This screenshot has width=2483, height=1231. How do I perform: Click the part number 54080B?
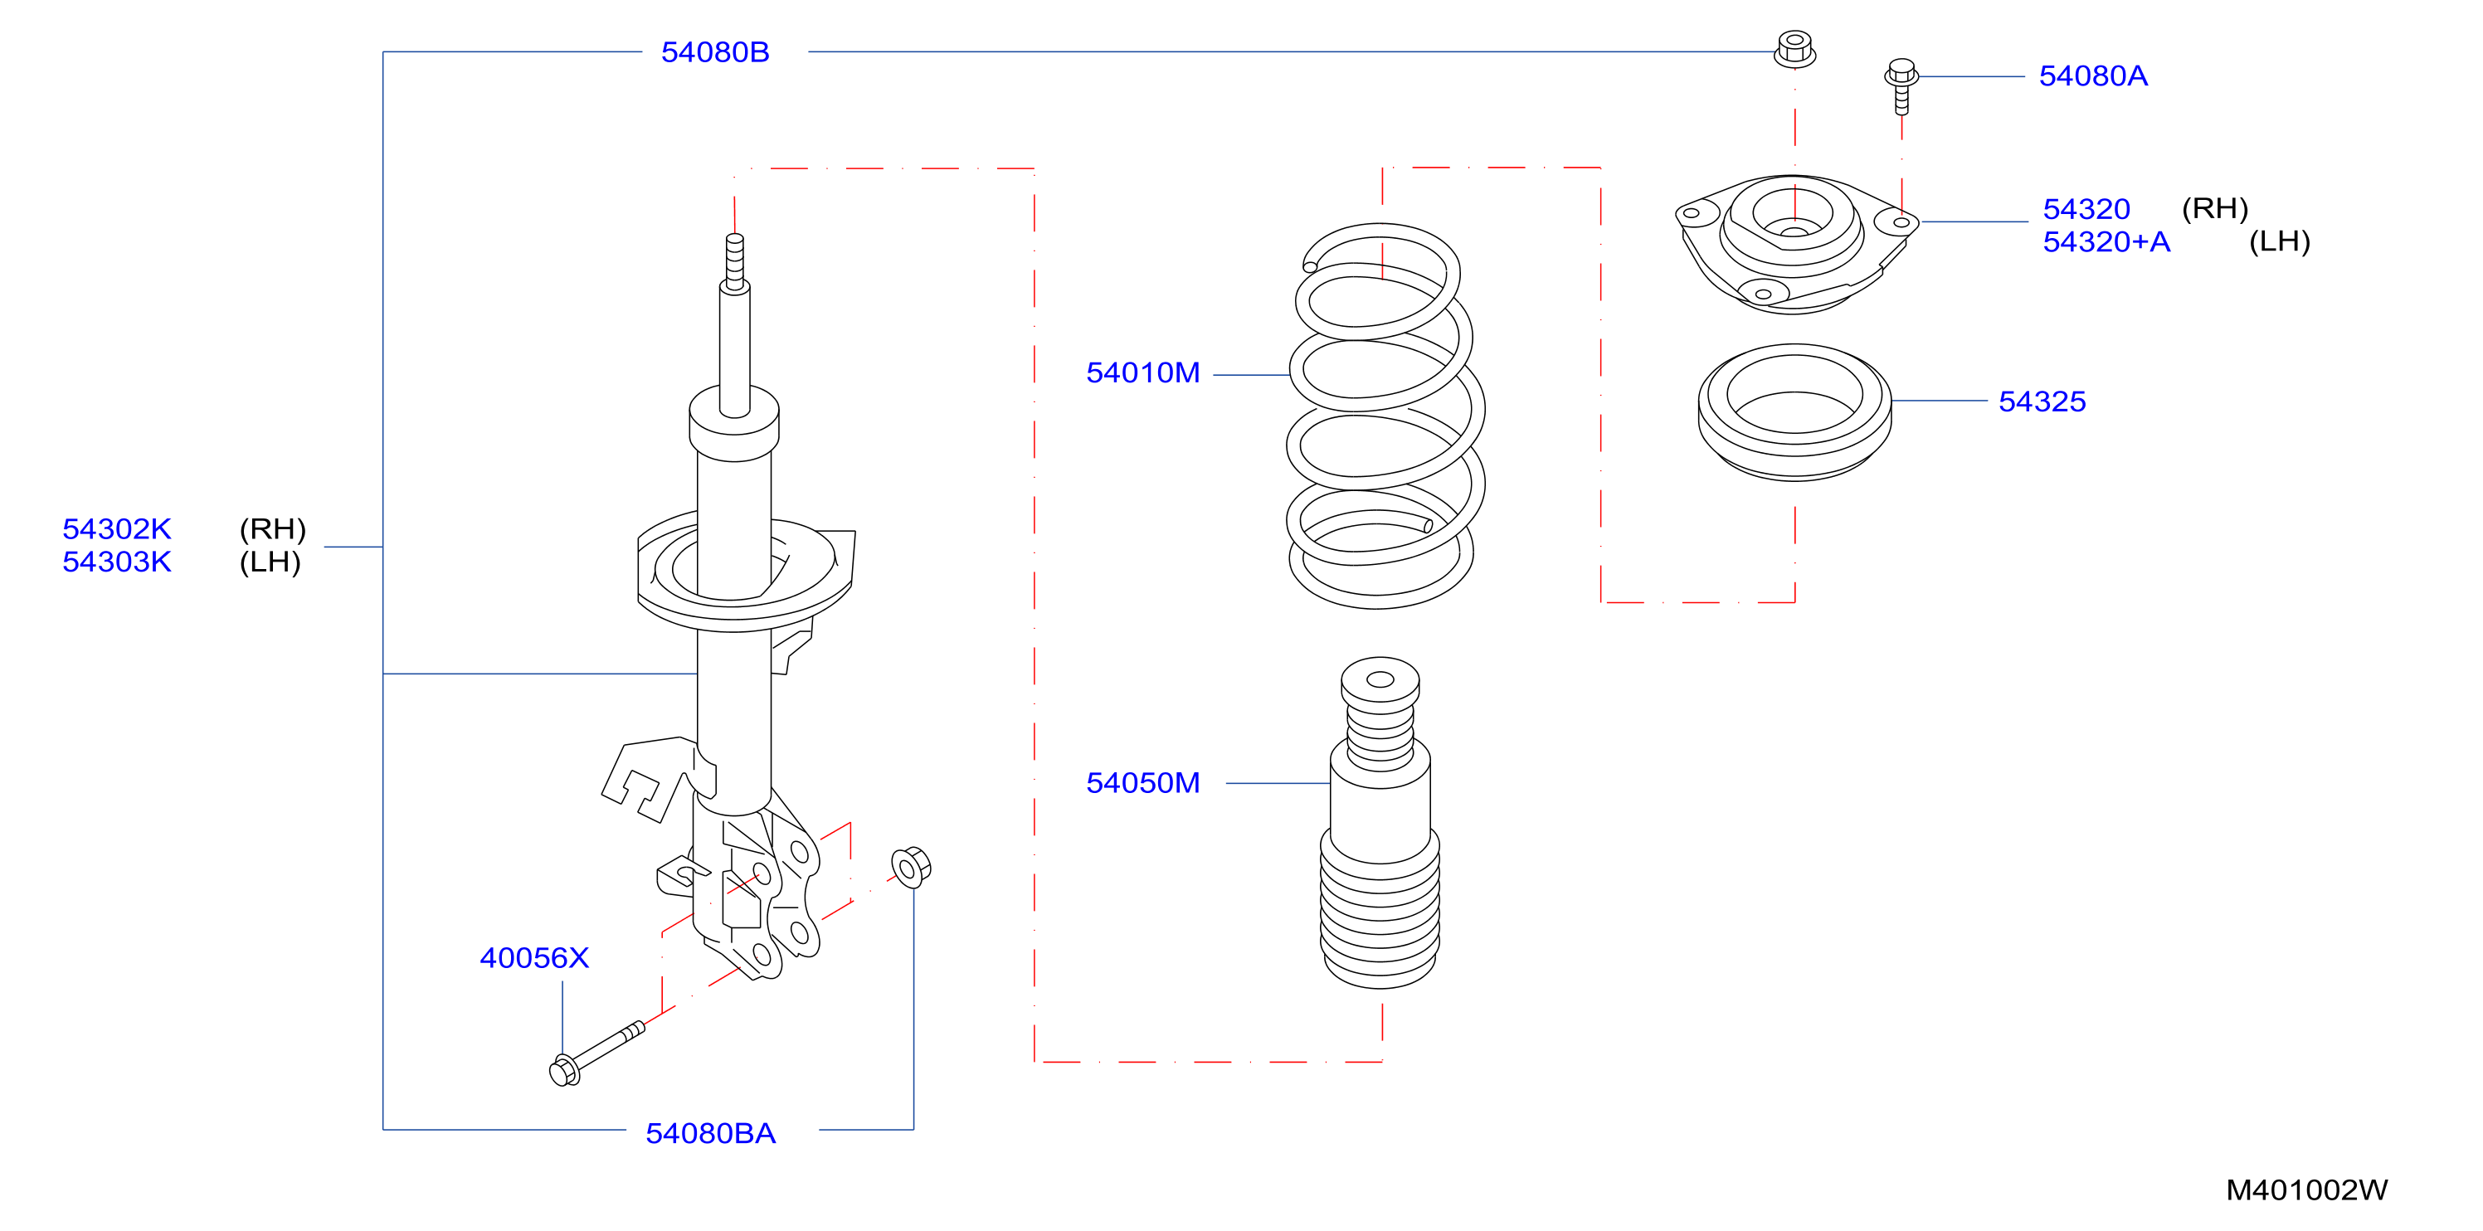715,52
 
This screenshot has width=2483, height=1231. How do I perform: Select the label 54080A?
2092,76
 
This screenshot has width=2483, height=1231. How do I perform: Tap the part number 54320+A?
2106,242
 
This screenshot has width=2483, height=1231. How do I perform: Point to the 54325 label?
2042,401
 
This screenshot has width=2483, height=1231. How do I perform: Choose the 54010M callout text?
1143,373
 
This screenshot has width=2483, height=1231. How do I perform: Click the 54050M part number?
1143,783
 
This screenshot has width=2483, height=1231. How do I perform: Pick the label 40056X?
534,958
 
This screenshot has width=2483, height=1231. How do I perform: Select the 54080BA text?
710,1134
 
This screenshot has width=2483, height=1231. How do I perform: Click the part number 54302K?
117,529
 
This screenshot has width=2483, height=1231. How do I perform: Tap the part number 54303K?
117,562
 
